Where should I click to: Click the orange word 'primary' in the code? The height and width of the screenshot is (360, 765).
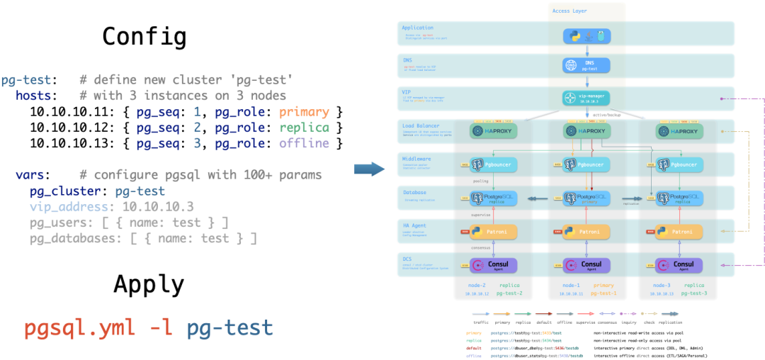pyautogui.click(x=304, y=112)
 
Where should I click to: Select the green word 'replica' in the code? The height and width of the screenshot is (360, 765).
pyautogui.click(x=304, y=128)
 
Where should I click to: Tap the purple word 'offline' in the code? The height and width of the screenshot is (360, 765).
pyautogui.click(x=304, y=143)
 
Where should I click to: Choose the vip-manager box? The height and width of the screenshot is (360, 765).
pyautogui.click(x=586, y=99)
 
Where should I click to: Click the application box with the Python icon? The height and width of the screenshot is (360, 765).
pyautogui.click(x=586, y=35)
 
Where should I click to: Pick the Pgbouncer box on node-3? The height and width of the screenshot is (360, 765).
pyautogui.click(x=677, y=164)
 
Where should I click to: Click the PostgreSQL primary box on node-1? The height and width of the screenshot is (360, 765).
pyautogui.click(x=586, y=198)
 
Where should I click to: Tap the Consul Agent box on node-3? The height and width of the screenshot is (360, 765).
pyautogui.click(x=677, y=265)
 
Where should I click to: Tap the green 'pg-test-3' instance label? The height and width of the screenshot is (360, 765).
pyautogui.click(x=694, y=293)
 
